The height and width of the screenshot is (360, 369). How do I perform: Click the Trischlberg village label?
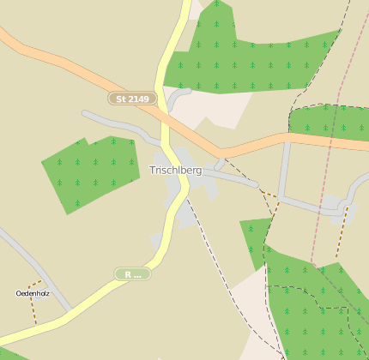(175, 171)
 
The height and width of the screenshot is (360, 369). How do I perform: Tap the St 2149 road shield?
(133, 99)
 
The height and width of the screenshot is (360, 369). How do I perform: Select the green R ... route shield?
(133, 274)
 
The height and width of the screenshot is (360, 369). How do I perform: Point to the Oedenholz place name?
(33, 294)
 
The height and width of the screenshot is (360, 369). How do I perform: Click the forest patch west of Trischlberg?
(90, 171)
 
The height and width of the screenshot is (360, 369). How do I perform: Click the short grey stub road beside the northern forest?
(177, 98)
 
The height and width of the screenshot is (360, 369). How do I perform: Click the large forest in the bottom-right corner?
(318, 309)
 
